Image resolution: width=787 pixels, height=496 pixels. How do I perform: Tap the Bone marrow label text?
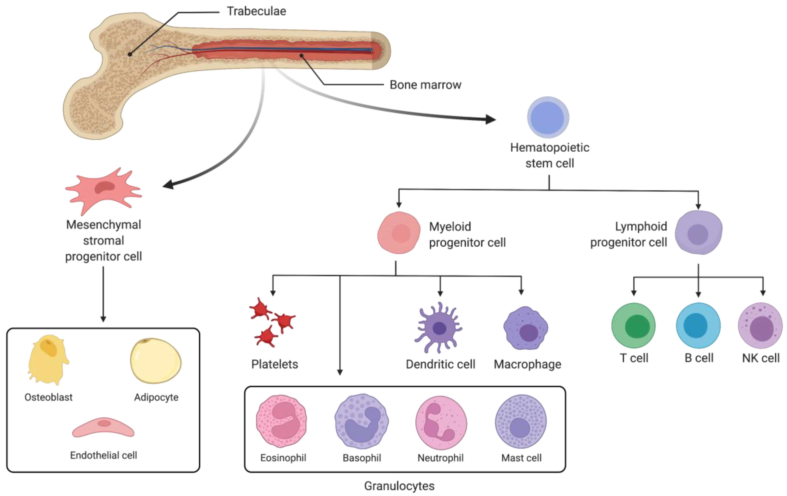pos(425,85)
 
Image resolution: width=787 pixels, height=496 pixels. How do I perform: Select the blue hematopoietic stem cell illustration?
pos(548,117)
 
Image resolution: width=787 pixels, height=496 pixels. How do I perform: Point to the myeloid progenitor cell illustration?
pos(399,233)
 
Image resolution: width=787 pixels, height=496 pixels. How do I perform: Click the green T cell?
pos(633,326)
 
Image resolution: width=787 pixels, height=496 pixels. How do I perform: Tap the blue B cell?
pos(698,326)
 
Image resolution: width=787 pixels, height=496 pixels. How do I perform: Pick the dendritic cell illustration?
pos(439,328)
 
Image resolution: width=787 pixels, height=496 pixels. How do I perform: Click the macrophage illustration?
pos(526,329)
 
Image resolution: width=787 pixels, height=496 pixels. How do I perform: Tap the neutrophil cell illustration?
pos(441,422)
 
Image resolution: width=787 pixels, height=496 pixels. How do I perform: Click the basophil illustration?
pos(361,422)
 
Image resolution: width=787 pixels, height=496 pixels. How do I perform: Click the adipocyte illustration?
pos(156,361)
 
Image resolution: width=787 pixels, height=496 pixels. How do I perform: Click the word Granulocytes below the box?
pos(399,486)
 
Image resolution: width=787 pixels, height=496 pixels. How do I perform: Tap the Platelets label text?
pos(274,364)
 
